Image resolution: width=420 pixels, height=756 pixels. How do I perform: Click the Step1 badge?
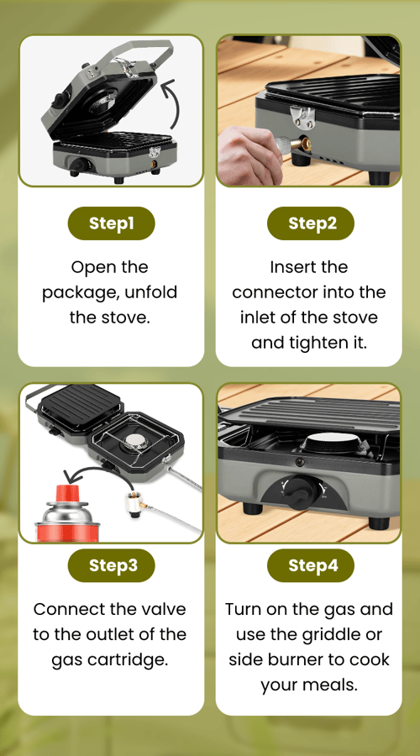pyautogui.click(x=111, y=223)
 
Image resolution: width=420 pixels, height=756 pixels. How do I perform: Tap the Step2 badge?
pyautogui.click(x=311, y=223)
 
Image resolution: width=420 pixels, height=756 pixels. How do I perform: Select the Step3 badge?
pyautogui.click(x=111, y=565)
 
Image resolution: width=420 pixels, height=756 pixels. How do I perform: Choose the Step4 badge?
pyautogui.click(x=311, y=565)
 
